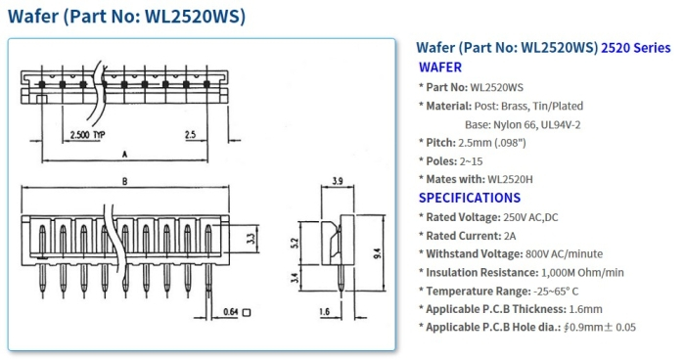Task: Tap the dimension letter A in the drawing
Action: coord(124,155)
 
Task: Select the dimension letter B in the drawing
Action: coord(124,183)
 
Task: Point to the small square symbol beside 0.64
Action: coord(248,313)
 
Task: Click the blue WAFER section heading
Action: coord(440,67)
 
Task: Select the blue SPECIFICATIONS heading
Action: coord(468,198)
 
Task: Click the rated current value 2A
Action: coord(512,235)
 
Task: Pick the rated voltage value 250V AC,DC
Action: coord(533,216)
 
